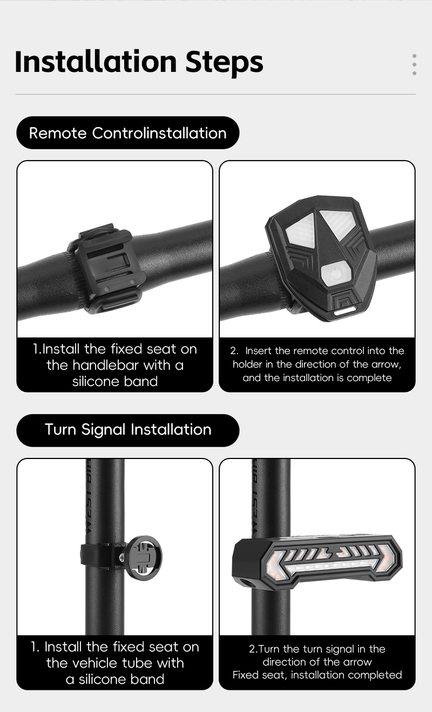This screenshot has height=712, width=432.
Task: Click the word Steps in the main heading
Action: pos(224,63)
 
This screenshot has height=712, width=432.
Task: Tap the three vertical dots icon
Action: pos(414,64)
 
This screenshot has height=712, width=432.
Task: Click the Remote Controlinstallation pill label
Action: pos(127,132)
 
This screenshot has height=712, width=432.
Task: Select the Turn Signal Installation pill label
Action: pos(127,430)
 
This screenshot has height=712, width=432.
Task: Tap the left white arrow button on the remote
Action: pos(300,230)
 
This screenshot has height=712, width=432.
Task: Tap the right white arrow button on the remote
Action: pos(338,224)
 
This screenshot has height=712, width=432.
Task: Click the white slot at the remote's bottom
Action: pos(345,310)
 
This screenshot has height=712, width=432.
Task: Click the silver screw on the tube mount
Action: pos(122,557)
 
